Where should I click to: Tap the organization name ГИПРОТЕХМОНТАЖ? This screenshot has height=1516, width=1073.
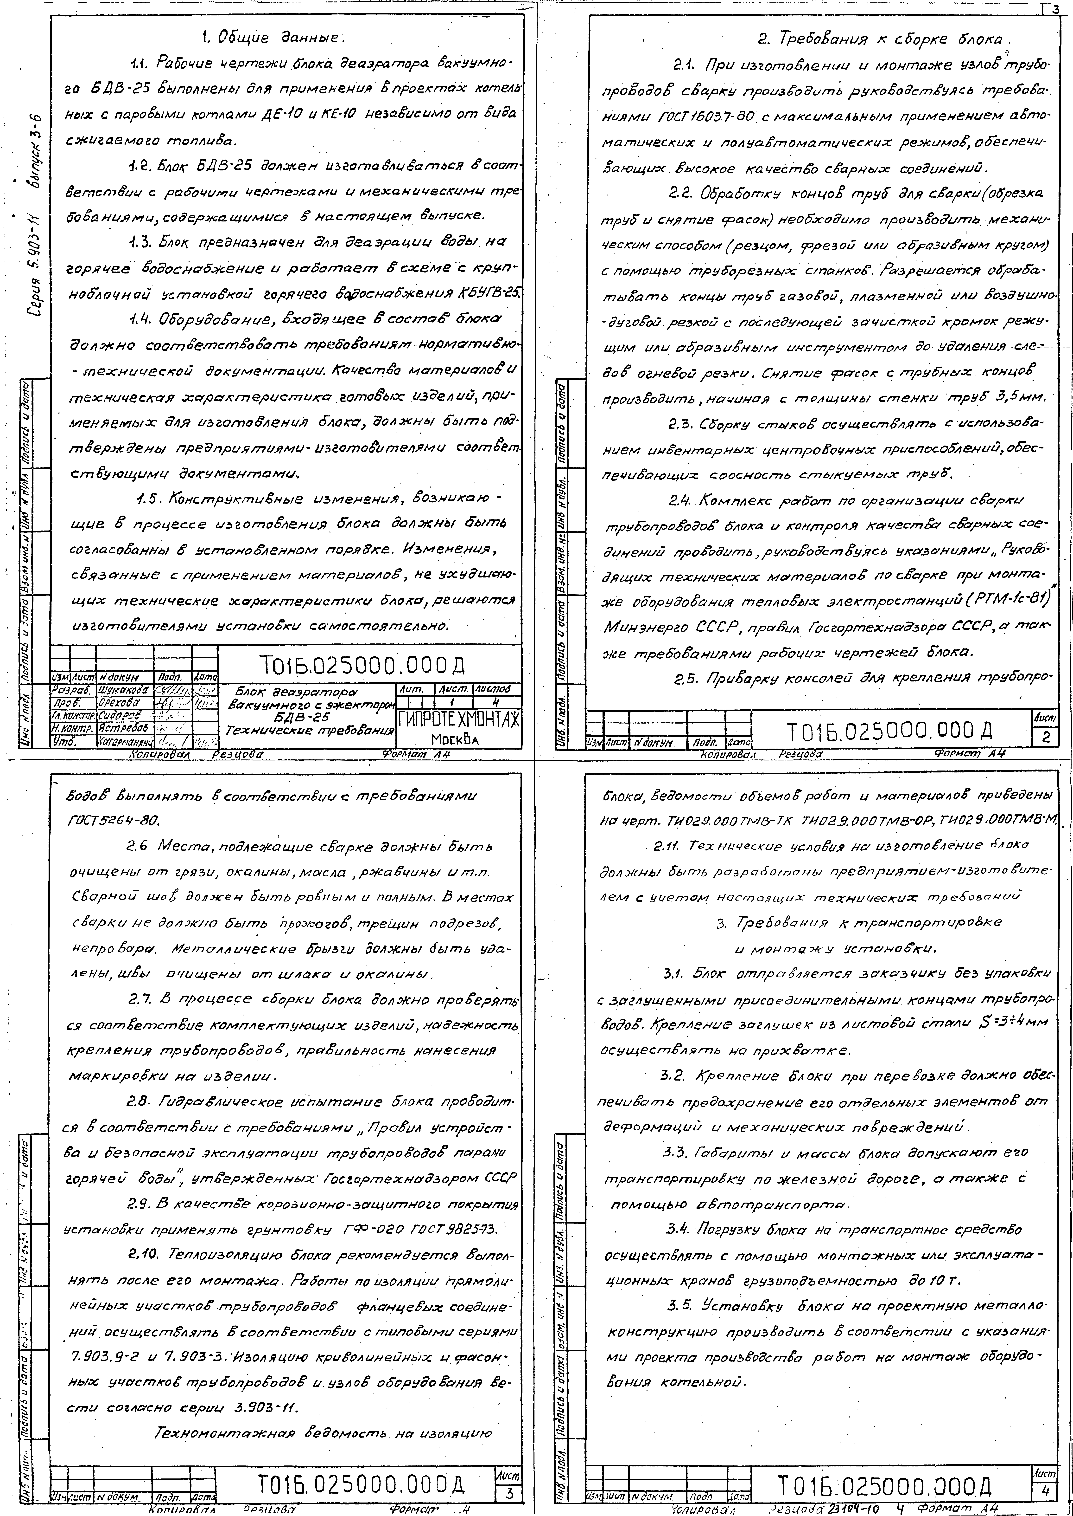[x=458, y=719]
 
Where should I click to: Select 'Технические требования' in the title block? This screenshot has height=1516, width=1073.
[x=309, y=730]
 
